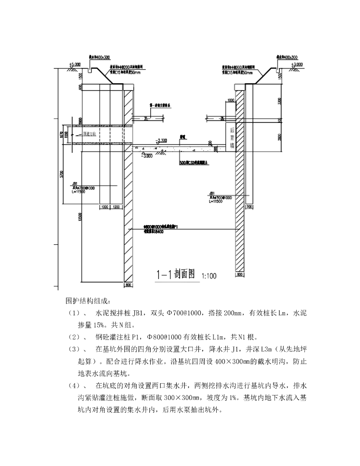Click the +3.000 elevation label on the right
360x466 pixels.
[295, 65]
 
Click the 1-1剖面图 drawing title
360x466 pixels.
[175, 274]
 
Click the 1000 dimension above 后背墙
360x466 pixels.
[230, 99]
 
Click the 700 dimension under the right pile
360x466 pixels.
[249, 207]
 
